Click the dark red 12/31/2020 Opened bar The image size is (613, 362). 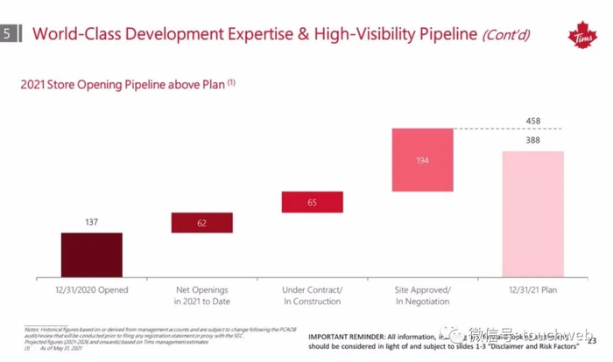point(91,254)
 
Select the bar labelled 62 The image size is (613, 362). point(201,223)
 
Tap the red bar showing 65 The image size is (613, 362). point(312,202)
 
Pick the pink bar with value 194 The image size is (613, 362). point(422,160)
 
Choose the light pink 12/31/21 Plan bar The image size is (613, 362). point(533,212)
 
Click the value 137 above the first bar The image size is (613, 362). point(91,223)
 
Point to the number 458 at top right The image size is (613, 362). point(533,121)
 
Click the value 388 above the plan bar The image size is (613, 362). point(533,140)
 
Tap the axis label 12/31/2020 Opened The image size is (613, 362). point(91,289)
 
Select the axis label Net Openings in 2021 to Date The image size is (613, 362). point(201,295)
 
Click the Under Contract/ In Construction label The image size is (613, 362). point(312,295)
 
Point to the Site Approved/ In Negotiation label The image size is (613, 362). point(422,295)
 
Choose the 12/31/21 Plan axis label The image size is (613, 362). point(533,289)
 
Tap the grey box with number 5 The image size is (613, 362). point(9,34)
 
